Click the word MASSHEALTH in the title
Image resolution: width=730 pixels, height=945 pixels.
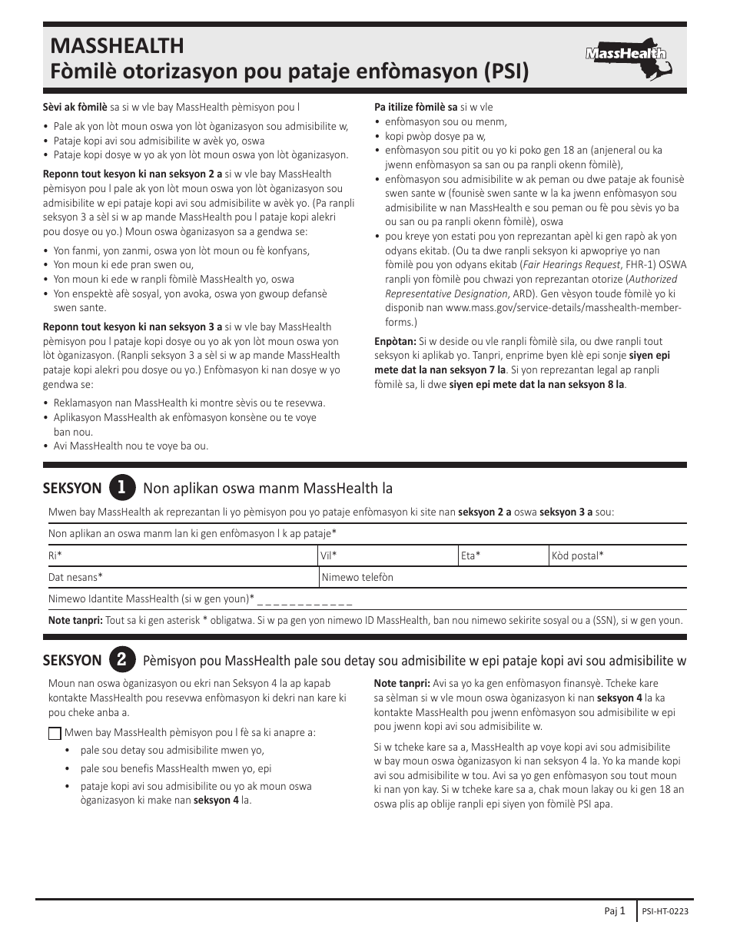pyautogui.click(x=117, y=46)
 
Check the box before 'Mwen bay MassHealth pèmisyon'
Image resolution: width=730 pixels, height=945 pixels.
pyautogui.click(x=55, y=733)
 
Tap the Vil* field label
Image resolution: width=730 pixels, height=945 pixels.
pyautogui.click(x=329, y=555)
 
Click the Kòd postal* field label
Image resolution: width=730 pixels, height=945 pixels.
pyautogui.click(x=577, y=555)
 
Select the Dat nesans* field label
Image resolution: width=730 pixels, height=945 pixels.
pyautogui.click(x=75, y=577)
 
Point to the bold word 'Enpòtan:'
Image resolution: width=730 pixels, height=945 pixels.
pyautogui.click(x=395, y=341)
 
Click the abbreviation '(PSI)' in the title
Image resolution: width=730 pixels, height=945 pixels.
pyautogui.click(x=503, y=72)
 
